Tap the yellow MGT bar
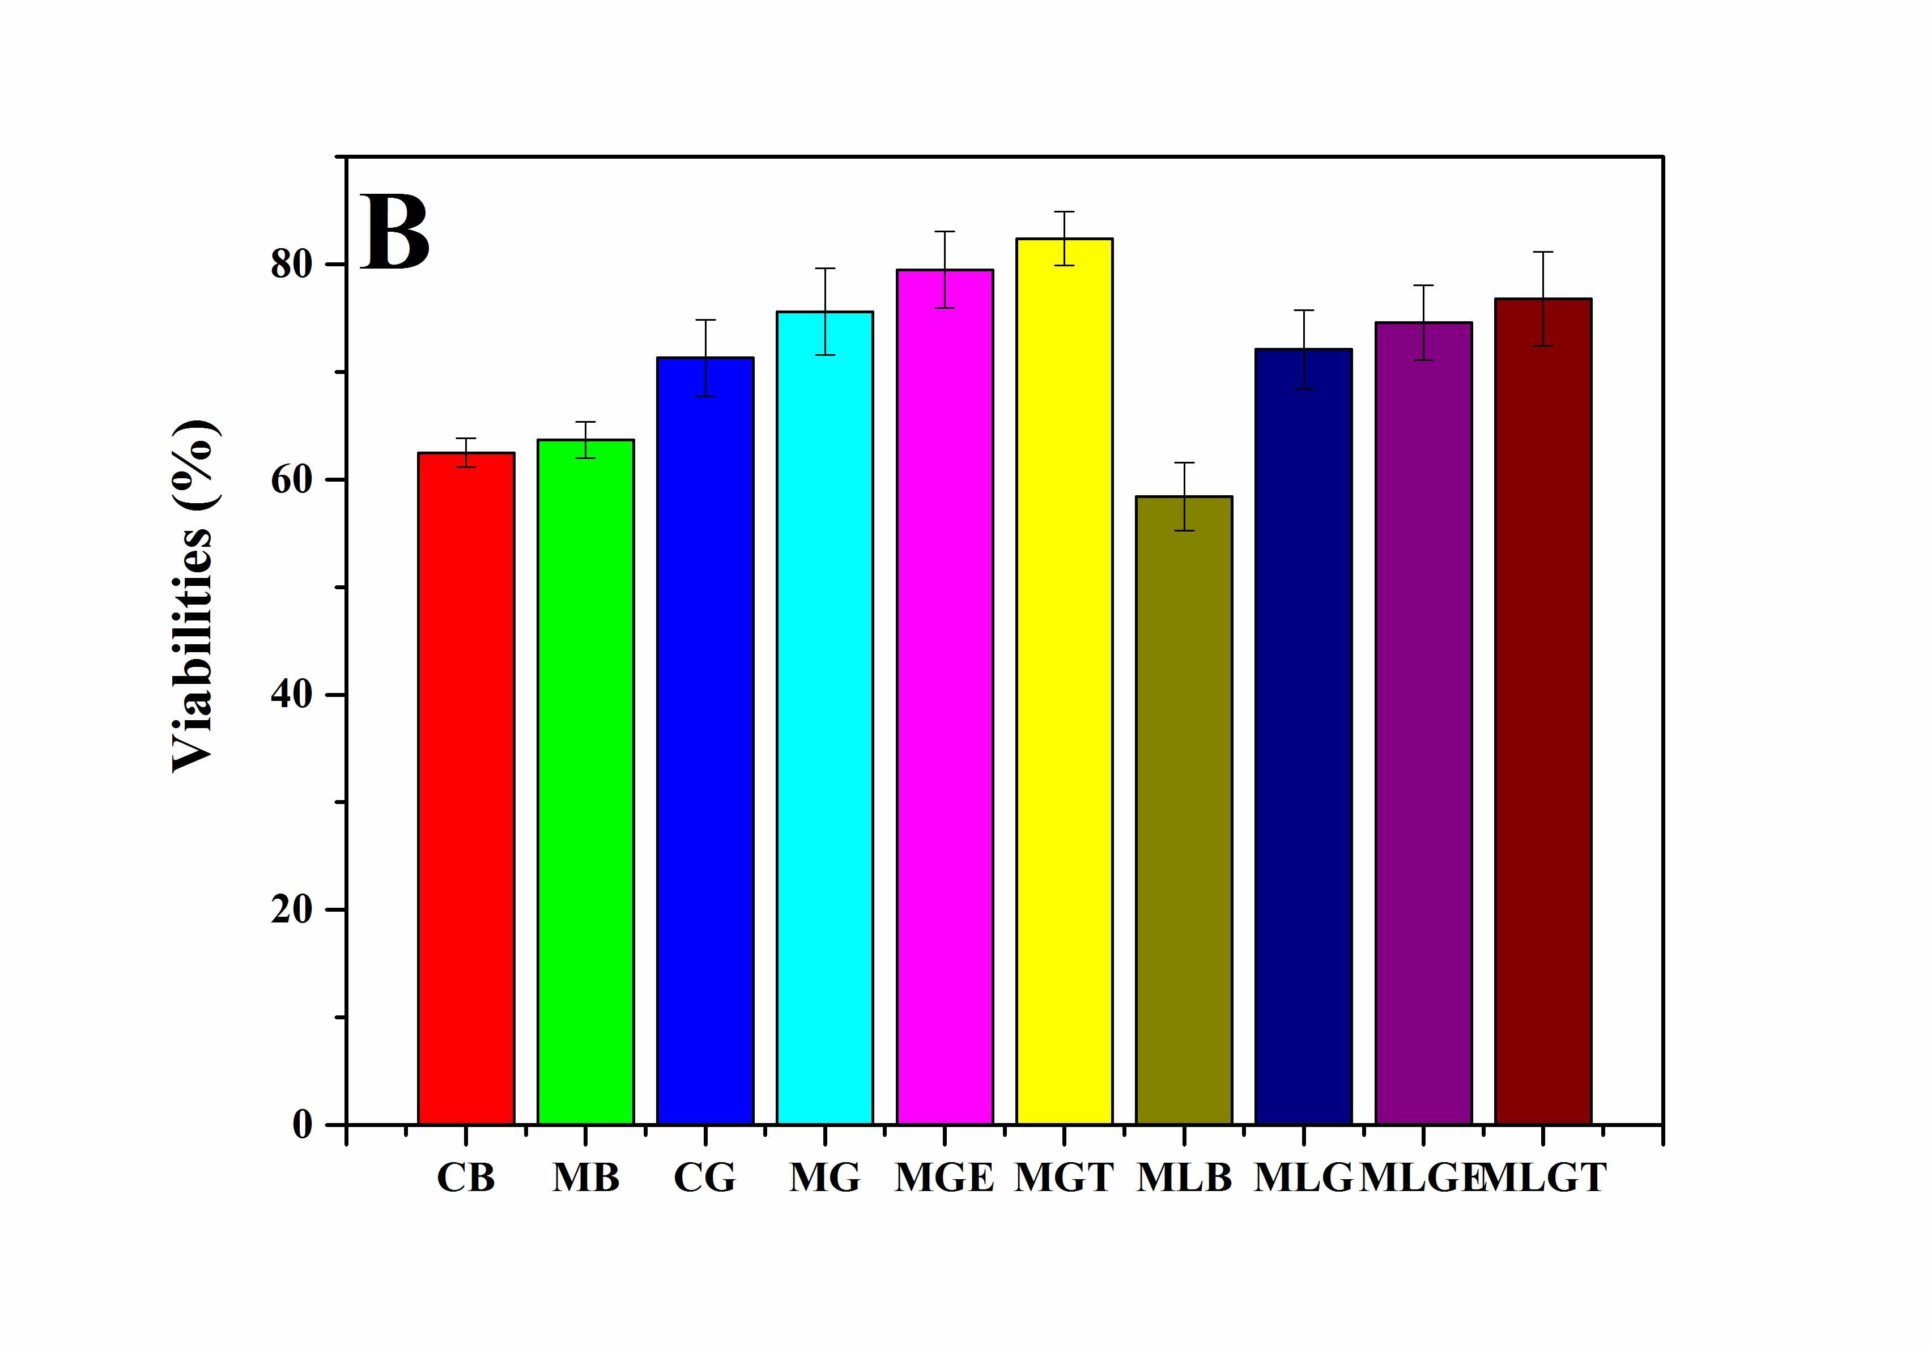point(1064,681)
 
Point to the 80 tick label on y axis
point(291,265)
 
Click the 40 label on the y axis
point(291,695)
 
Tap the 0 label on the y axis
point(302,1124)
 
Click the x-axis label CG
point(705,1177)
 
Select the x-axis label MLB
point(1183,1177)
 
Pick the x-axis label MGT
point(1064,1177)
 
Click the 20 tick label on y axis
point(291,909)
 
